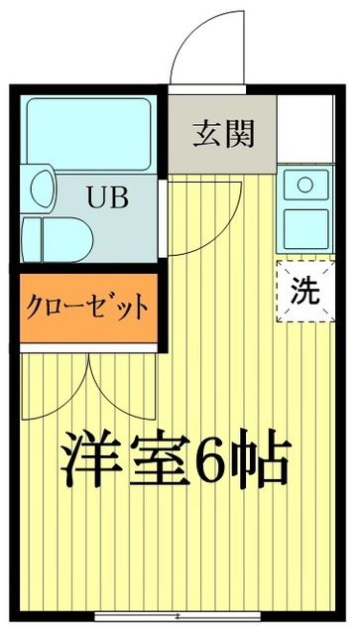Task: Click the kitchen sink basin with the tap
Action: point(305,185)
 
